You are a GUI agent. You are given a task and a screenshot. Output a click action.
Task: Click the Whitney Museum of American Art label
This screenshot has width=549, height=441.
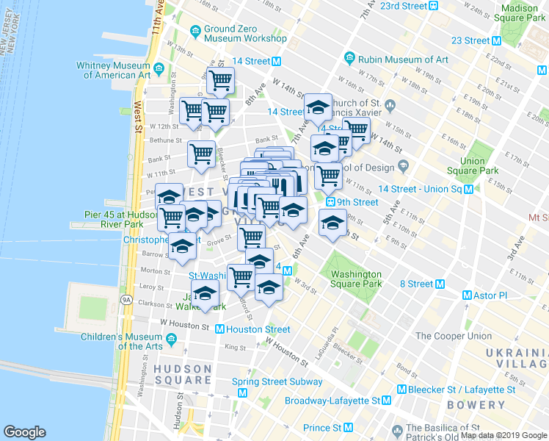pyautogui.click(x=113, y=70)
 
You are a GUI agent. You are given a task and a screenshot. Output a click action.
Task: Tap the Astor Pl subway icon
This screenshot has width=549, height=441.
pyautogui.click(x=467, y=295)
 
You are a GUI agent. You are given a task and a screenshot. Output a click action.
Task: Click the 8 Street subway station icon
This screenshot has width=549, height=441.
pyautogui.click(x=440, y=284)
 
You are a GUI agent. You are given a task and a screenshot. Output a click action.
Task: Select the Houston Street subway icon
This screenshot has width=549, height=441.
pyautogui.click(x=219, y=329)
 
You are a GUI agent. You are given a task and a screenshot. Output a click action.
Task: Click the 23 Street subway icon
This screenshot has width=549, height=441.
pyautogui.click(x=497, y=40)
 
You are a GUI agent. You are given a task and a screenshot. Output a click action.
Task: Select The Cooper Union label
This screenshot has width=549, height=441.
pyautogui.click(x=454, y=336)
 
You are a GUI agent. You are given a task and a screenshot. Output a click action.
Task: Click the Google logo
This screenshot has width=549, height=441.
pyautogui.click(x=24, y=432)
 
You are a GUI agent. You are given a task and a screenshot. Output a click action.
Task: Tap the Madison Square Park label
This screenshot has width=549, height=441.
pyautogui.click(x=520, y=12)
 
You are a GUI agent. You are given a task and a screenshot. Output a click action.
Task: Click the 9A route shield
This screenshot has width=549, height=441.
pyautogui.click(x=126, y=300)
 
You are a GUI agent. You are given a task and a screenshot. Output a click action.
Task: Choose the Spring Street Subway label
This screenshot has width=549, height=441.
pyautogui.click(x=277, y=381)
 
